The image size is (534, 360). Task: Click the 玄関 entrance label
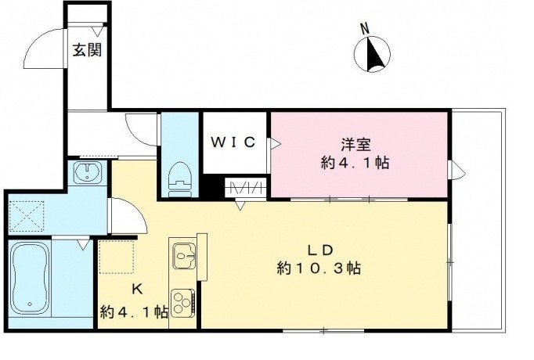coord(86,50)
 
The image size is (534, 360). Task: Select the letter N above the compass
coord(364,29)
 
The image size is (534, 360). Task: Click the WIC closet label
coord(233,142)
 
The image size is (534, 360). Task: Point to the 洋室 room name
coord(355,145)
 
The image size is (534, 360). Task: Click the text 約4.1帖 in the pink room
coord(355,164)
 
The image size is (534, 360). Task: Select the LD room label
coord(319,250)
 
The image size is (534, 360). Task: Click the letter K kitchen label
coord(136,289)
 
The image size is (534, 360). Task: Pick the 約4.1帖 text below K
coord(134,311)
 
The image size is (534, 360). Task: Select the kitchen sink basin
coord(186,254)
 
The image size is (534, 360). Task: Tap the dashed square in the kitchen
coord(118,256)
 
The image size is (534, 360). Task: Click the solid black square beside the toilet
coord(210,188)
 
